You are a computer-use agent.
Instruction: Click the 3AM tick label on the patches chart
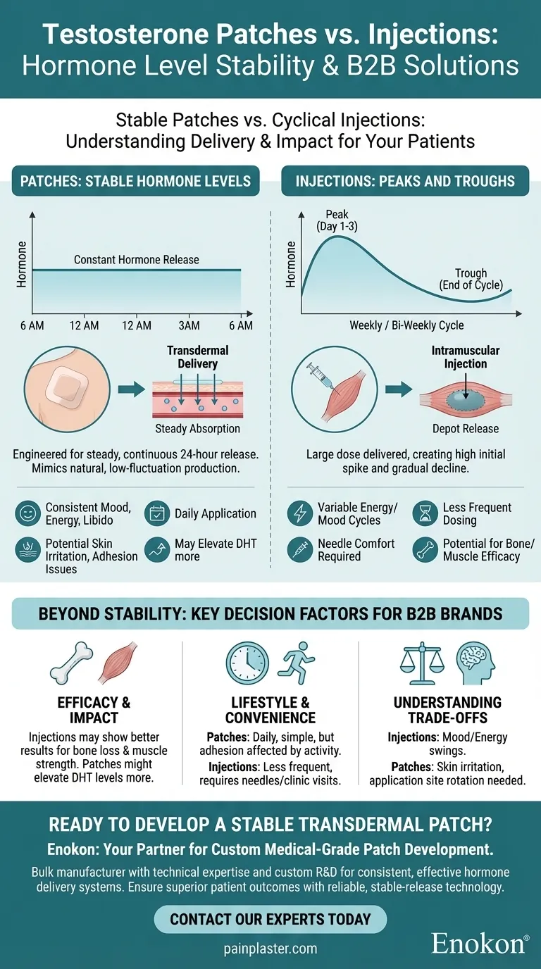coord(189,325)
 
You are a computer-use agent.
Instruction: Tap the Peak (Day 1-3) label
coord(337,220)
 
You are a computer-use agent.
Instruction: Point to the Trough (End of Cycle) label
coord(471,279)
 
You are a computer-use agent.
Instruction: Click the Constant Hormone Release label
coord(137,260)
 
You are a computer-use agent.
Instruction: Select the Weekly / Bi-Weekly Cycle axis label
coord(406,325)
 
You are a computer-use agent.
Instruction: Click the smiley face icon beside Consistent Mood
coord(27,514)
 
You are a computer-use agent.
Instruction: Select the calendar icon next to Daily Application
coord(157,514)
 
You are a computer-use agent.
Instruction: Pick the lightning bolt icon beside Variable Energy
coord(300,514)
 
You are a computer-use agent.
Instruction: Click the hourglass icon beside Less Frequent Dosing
coord(425,514)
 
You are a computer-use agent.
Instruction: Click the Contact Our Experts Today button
coord(270,919)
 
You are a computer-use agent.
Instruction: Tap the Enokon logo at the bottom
coord(480,943)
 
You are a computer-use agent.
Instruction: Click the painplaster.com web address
coord(270,949)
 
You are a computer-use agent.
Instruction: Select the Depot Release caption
coord(466,429)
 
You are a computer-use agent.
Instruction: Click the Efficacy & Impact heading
coord(94,709)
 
